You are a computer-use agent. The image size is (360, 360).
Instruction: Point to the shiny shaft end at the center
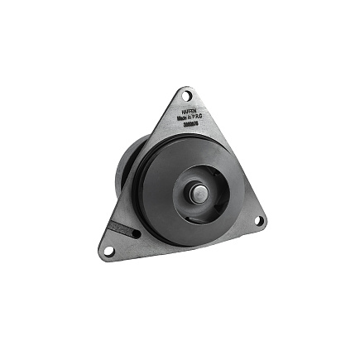pyautogui.click(x=201, y=193)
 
